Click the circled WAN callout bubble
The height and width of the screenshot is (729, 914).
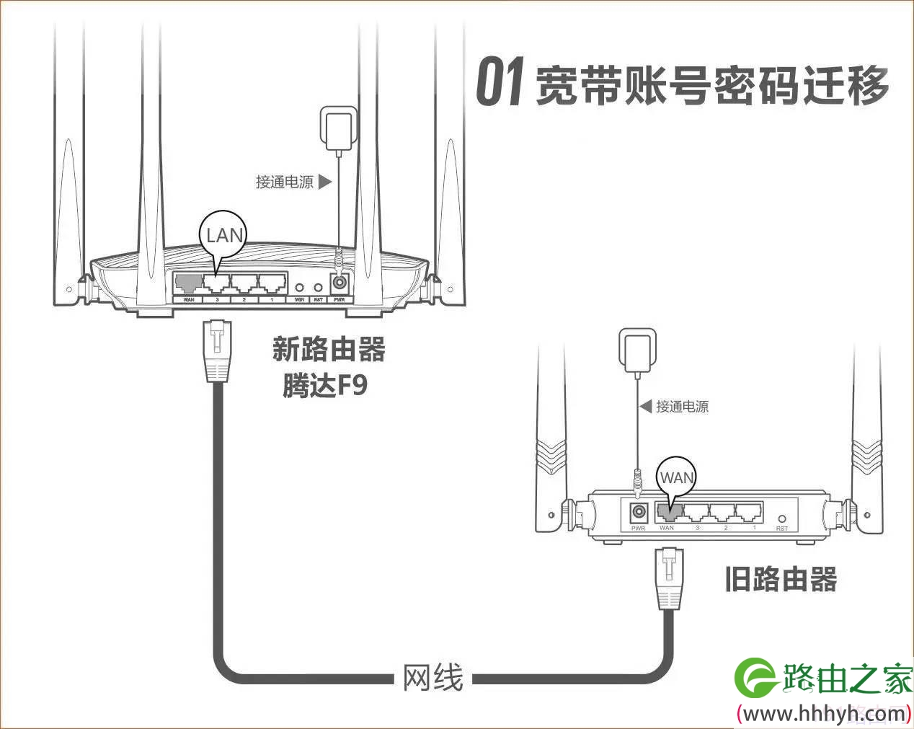click(676, 477)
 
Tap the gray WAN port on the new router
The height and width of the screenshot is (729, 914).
click(188, 283)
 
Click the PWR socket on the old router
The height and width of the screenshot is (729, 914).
click(638, 513)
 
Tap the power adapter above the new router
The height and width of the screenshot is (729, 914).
click(339, 128)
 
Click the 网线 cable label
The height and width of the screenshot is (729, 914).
click(432, 678)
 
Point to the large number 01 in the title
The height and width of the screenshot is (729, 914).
click(499, 83)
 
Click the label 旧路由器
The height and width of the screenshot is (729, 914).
click(781, 580)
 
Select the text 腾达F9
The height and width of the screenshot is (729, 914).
click(325, 385)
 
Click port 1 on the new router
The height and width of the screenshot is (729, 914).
click(272, 283)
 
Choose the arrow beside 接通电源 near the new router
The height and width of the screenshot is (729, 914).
click(325, 181)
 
